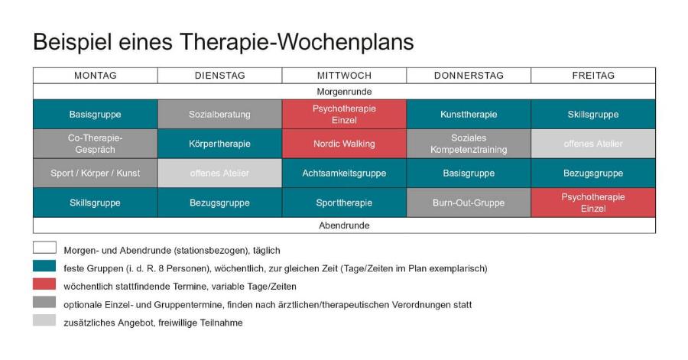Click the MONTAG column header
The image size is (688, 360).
coord(95,76)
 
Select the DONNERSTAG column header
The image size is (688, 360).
coord(468,76)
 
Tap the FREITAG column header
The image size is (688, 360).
coord(593,76)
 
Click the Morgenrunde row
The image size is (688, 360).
coord(344,91)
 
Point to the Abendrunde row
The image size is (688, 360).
coord(344,225)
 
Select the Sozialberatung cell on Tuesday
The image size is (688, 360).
coord(219,115)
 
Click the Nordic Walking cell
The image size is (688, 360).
coord(344,144)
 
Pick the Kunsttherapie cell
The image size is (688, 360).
coord(468,115)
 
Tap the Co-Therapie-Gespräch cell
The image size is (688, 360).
coord(95,144)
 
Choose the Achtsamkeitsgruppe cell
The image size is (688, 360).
coord(344,174)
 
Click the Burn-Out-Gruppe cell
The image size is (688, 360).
coord(468,203)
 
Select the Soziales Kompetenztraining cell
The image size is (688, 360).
coord(468,144)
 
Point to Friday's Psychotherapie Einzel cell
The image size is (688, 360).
coord(593,203)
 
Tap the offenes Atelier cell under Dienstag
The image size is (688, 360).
coord(219,174)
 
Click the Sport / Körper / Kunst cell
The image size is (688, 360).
coord(95,174)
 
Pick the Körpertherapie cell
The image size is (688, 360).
coord(219,144)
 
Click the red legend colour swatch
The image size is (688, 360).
coord(44,284)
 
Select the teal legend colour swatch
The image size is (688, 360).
coord(44,266)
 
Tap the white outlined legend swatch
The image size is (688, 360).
coord(44,248)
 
